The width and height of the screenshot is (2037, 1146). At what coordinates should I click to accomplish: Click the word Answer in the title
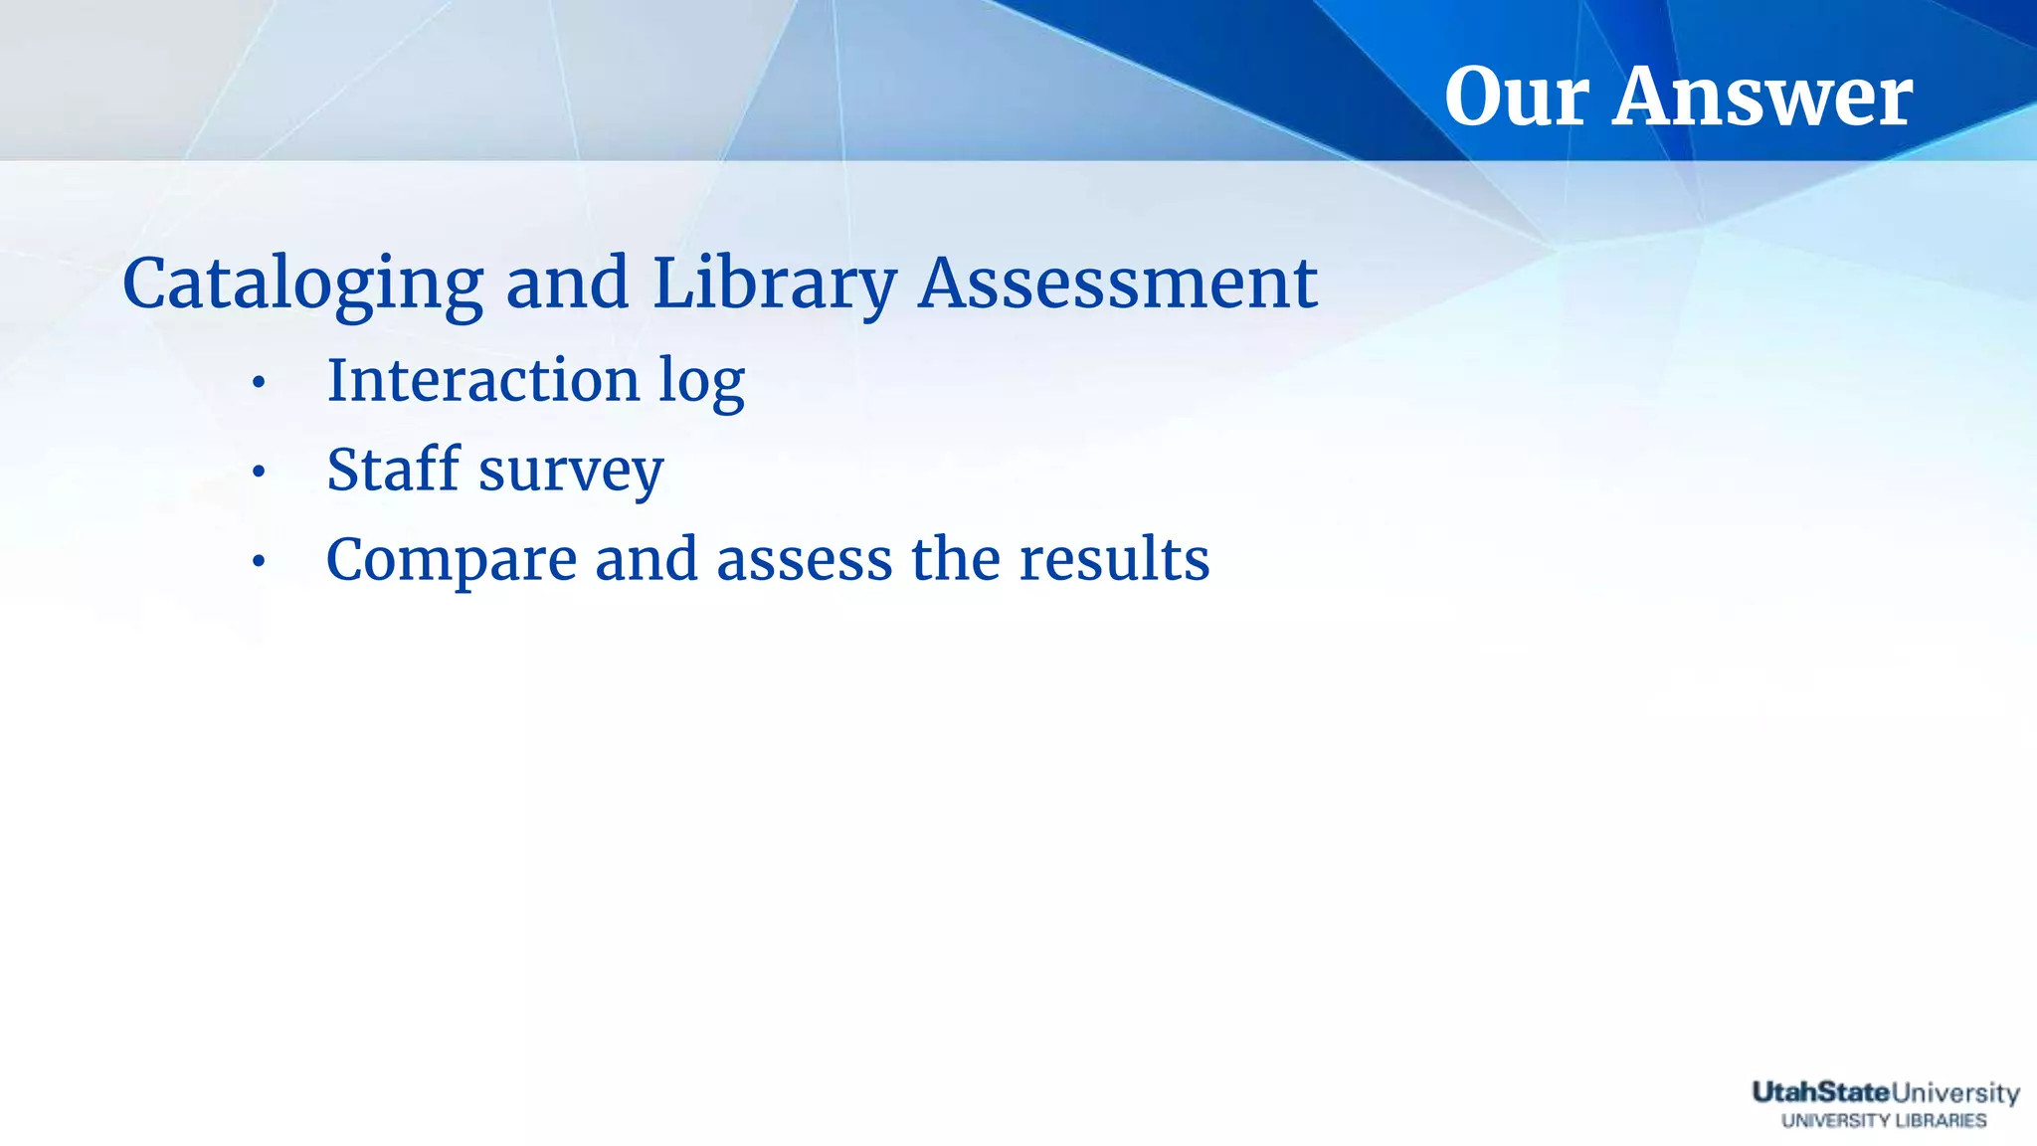tap(1761, 96)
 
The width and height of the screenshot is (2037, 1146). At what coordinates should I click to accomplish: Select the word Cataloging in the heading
tap(302, 285)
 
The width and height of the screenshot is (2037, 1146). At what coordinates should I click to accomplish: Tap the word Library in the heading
tap(775, 285)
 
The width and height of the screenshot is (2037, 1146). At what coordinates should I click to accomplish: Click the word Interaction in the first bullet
tap(483, 380)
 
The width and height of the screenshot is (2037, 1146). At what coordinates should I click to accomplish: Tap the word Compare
tap(452, 560)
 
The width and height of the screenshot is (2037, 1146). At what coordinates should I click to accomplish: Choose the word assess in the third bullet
tap(804, 560)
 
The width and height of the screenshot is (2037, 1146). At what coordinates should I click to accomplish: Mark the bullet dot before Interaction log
tap(259, 383)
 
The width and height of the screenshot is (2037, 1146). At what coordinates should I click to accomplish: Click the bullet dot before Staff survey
tap(259, 473)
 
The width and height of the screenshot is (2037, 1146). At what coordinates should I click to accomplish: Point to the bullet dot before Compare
tap(259, 563)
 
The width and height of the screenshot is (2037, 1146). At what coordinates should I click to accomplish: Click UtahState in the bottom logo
tap(1820, 1092)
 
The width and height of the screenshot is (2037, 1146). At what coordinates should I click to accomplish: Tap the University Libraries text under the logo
tap(1884, 1121)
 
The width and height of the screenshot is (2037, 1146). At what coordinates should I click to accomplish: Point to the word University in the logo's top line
tap(1955, 1093)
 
